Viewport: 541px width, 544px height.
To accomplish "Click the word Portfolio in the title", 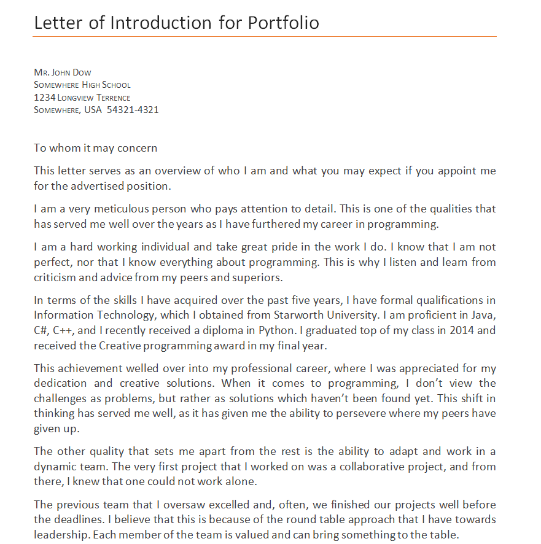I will click(283, 23).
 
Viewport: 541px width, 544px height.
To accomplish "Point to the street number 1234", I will click(44, 98).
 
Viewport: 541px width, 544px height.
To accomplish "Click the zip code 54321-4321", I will click(133, 110).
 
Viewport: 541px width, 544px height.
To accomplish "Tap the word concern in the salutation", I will click(139, 148).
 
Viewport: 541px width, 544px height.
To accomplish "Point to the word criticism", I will click(55, 277).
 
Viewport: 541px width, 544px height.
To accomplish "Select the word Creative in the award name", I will click(120, 345).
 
